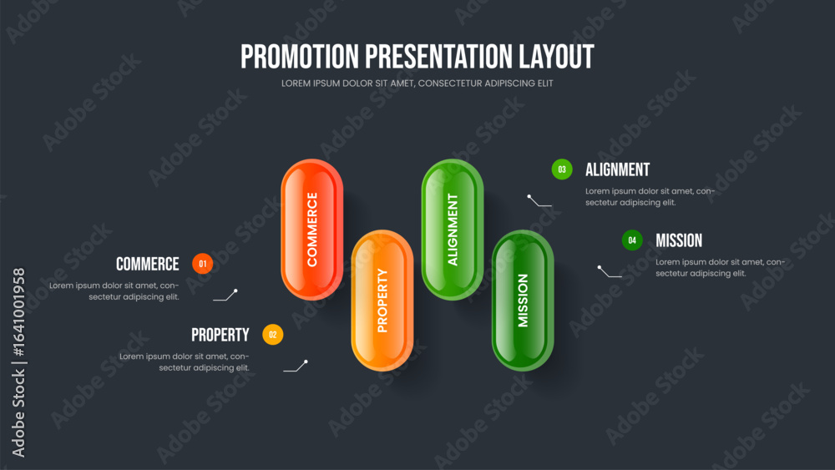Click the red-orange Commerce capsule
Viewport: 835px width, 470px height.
[312, 230]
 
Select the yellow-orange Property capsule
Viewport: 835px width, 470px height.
[382, 301]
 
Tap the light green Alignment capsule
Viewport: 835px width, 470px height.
[453, 230]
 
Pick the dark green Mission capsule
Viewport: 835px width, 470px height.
[523, 301]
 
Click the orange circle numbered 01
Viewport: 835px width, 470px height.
[202, 264]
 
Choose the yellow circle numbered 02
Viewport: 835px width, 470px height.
[273, 334]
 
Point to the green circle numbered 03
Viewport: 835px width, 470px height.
[562, 169]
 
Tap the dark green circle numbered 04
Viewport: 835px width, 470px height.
[632, 240]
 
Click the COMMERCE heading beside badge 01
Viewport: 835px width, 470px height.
[148, 264]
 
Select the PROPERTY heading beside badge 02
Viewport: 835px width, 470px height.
[220, 335]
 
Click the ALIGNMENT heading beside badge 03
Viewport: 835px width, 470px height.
[618, 169]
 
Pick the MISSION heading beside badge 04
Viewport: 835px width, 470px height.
[679, 240]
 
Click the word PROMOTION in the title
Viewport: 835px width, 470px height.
[300, 57]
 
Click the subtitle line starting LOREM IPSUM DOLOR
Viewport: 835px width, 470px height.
[417, 83]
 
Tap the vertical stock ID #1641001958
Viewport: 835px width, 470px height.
[19, 312]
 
